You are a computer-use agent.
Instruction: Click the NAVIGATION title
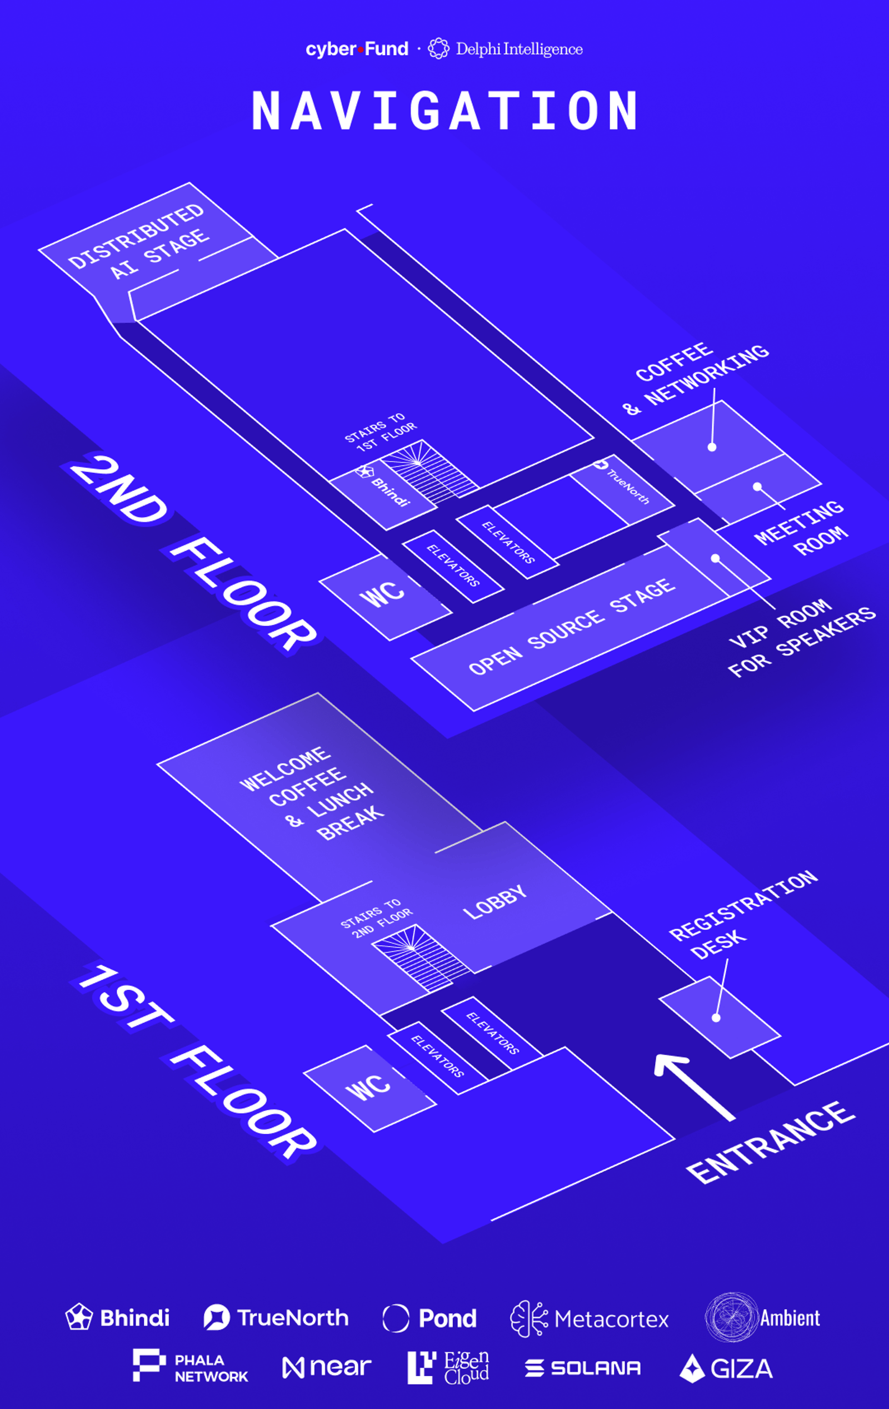point(444,111)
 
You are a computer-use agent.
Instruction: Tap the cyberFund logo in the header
point(357,49)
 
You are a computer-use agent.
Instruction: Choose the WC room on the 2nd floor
point(383,594)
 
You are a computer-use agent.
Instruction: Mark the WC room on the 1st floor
point(368,1088)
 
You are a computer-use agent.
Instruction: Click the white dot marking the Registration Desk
point(716,1018)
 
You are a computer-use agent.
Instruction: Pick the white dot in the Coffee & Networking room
point(712,447)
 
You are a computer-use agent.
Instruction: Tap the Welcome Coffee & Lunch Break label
point(312,793)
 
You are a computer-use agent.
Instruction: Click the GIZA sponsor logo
point(726,1368)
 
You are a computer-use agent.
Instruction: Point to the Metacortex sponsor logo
point(589,1319)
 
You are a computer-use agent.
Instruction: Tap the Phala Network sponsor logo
point(190,1366)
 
